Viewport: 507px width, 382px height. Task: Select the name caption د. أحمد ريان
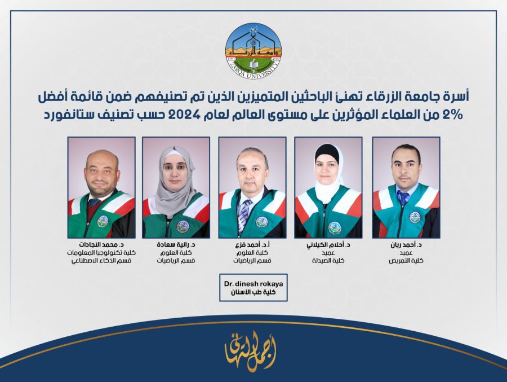pos(406,245)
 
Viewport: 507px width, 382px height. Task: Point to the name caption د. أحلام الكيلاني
pos(329,245)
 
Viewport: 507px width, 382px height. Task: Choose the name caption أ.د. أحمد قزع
pos(252,245)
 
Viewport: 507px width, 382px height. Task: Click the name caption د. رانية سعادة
pos(176,245)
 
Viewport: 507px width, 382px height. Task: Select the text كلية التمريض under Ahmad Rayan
pos(406,261)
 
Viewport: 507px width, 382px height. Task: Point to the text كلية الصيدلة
pos(329,261)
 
